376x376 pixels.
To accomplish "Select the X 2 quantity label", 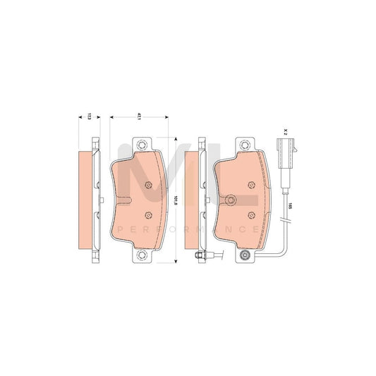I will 286,131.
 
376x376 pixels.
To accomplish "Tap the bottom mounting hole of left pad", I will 146,255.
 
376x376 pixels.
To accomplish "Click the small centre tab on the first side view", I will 104,203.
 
